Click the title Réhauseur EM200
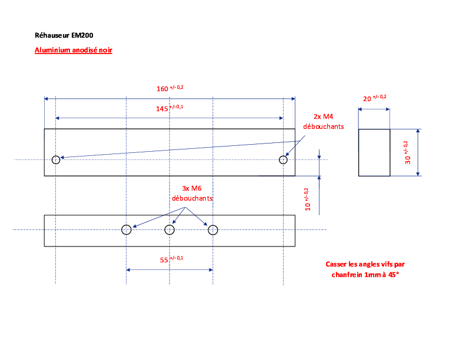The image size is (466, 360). (x=64, y=35)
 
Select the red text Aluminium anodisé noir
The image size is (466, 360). (x=74, y=50)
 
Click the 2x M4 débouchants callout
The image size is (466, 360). (x=324, y=122)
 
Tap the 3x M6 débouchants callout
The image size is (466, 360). (x=192, y=194)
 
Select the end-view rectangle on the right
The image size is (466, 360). (x=359, y=153)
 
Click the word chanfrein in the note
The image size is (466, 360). (x=347, y=275)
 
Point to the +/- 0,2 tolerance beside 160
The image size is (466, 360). (x=177, y=87)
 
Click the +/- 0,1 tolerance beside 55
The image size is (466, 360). (x=177, y=258)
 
